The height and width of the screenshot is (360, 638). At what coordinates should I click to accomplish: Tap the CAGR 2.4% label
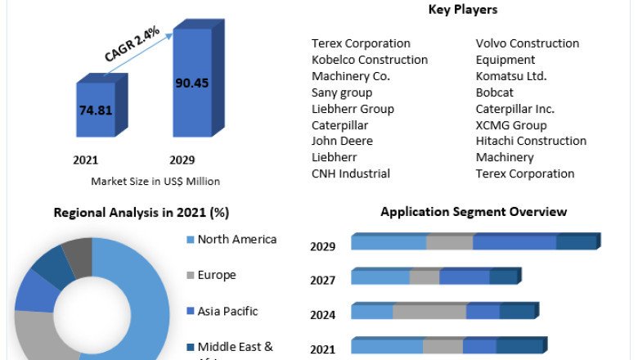pyautogui.click(x=133, y=43)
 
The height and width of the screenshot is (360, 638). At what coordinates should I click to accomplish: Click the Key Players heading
pyautogui.click(x=462, y=10)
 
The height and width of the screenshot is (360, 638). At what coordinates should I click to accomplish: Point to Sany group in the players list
pyautogui.click(x=342, y=92)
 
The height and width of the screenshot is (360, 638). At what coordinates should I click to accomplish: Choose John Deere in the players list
pyautogui.click(x=342, y=141)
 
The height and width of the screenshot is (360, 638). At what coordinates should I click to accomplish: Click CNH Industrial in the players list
pyautogui.click(x=351, y=173)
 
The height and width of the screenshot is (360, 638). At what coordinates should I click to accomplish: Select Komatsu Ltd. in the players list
pyautogui.click(x=511, y=76)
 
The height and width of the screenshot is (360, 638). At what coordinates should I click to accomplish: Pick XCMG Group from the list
pyautogui.click(x=511, y=125)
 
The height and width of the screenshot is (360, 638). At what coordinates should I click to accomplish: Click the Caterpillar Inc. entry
pyautogui.click(x=515, y=109)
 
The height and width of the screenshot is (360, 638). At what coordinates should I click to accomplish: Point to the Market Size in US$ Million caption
pyautogui.click(x=155, y=181)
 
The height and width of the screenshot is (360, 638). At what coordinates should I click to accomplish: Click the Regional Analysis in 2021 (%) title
pyautogui.click(x=142, y=213)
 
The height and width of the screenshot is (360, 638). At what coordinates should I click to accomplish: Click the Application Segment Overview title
pyautogui.click(x=474, y=212)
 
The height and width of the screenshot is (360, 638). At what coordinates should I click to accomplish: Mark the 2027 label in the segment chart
pyautogui.click(x=323, y=281)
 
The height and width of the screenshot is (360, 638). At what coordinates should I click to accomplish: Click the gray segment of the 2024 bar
pyautogui.click(x=429, y=312)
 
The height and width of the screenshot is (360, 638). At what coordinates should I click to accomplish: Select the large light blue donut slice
pyautogui.click(x=139, y=311)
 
